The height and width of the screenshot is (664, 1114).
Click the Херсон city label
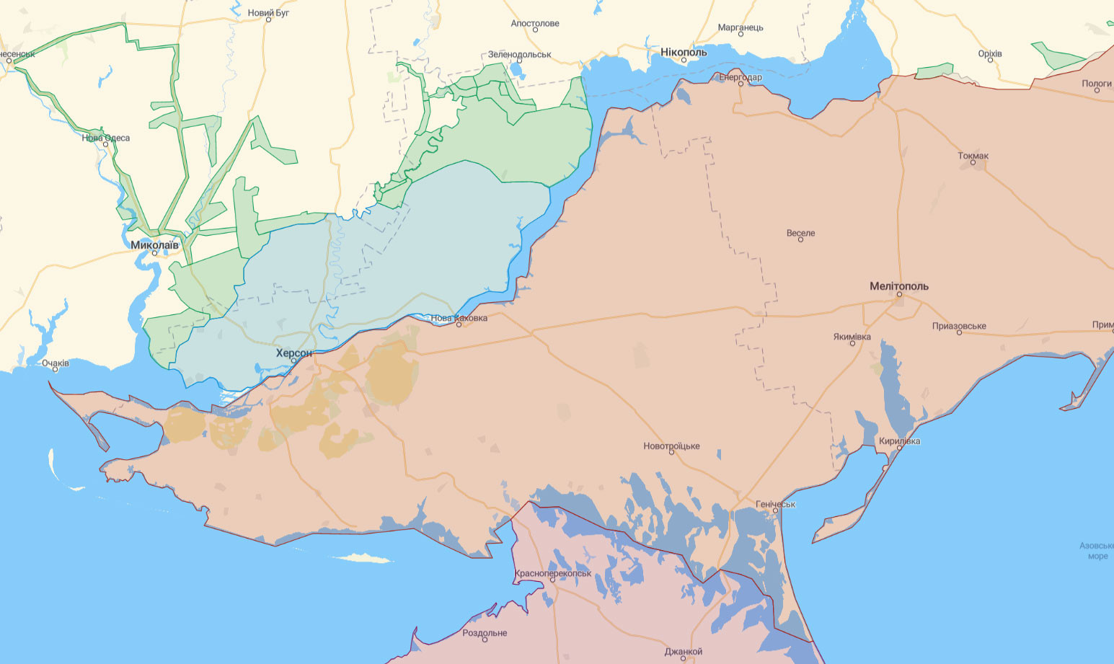(294, 353)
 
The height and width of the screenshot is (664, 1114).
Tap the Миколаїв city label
(154, 245)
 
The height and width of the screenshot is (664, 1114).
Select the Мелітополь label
(898, 286)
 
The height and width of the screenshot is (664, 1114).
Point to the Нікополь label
(684, 52)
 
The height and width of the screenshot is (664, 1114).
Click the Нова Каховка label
(459, 318)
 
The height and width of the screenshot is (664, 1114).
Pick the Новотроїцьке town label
(671, 446)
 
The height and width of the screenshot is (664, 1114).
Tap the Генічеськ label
(775, 504)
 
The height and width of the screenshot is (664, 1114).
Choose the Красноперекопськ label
(552, 573)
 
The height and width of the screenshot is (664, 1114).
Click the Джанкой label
(683, 651)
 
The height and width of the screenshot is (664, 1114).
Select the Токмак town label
(973, 156)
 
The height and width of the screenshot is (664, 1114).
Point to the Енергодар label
(740, 77)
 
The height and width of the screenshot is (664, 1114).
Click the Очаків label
(55, 363)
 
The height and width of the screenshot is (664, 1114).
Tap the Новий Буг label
(268, 13)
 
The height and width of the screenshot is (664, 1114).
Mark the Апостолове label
(534, 23)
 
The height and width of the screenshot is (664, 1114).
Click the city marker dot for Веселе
(800, 239)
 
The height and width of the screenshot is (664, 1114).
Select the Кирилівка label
(899, 441)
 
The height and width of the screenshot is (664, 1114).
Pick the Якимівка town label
(852, 337)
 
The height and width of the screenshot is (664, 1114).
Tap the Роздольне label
(485, 633)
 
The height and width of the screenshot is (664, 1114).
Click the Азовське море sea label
(1097, 551)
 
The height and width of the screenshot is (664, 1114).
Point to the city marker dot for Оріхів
(990, 60)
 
